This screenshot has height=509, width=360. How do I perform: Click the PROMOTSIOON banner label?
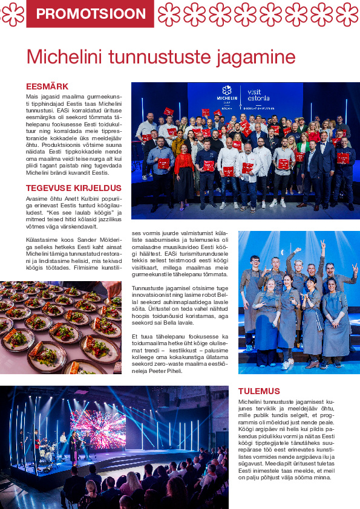click(90, 14)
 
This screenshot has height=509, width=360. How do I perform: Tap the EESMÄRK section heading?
click(47, 86)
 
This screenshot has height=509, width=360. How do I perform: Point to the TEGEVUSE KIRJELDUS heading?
click(74, 188)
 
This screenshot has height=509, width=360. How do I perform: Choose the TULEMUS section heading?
click(259, 391)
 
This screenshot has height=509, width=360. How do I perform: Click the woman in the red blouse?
click(185, 169)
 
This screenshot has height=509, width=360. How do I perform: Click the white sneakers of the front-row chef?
click(289, 365)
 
